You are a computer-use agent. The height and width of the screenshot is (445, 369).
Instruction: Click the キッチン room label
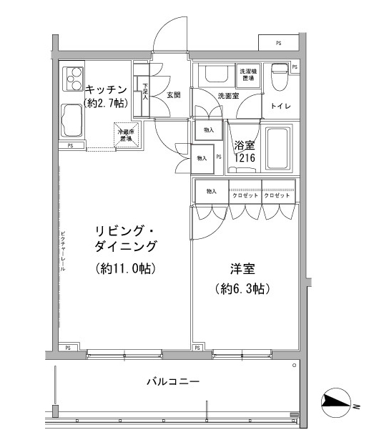point(106,89)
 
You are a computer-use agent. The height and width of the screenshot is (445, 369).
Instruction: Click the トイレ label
point(280,106)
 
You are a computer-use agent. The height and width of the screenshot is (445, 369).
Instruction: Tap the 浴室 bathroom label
point(245,145)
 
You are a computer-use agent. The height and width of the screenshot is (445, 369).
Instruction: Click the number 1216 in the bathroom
point(245,158)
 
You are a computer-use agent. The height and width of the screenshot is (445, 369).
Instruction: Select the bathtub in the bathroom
point(277,149)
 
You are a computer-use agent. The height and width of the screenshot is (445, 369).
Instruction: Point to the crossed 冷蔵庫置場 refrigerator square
point(126,134)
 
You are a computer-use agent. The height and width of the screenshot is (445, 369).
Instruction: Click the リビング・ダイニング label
point(126,238)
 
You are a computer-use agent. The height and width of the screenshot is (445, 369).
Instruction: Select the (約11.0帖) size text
point(126,270)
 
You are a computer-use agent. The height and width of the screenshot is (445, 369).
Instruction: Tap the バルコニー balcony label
point(169,382)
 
